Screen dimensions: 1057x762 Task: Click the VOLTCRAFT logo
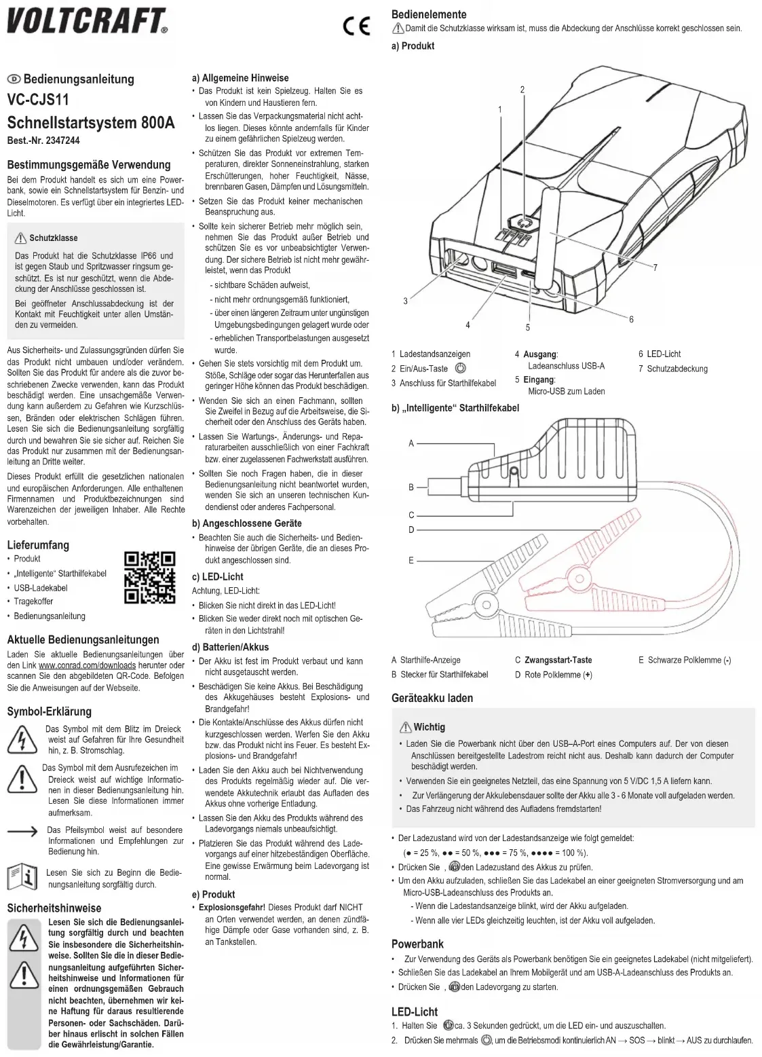click(87, 21)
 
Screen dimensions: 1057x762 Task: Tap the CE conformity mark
click(356, 26)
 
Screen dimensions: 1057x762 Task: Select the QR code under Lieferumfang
click(150, 578)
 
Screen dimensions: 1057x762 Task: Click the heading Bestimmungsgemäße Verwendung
click(89, 164)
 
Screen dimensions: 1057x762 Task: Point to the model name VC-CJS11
click(38, 100)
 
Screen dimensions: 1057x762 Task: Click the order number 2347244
click(62, 141)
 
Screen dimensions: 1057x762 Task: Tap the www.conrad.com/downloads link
click(87, 665)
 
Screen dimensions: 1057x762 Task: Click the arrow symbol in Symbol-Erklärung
click(22, 831)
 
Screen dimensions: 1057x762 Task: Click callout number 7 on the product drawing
click(655, 267)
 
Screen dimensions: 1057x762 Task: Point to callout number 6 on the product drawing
click(631, 319)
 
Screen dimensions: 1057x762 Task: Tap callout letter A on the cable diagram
click(411, 443)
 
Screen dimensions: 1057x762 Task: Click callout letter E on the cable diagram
click(411, 560)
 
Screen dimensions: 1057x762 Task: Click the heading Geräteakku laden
click(432, 698)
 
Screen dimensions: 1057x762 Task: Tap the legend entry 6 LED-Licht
click(659, 354)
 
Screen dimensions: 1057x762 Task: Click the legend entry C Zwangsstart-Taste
click(553, 660)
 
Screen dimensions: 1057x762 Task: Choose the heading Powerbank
click(417, 944)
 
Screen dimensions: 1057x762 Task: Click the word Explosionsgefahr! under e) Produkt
click(232, 907)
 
